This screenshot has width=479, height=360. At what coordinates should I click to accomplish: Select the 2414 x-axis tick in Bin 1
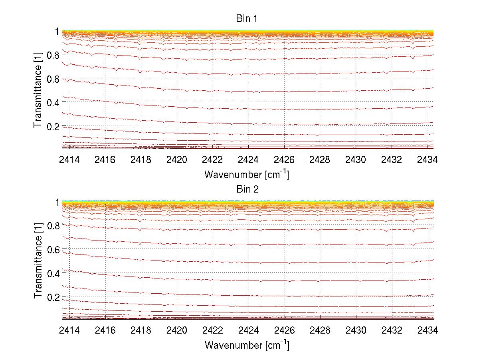(x=69, y=160)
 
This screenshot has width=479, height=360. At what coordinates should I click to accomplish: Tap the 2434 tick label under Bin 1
(x=428, y=160)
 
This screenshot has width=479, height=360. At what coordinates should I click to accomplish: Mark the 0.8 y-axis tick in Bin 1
(x=53, y=55)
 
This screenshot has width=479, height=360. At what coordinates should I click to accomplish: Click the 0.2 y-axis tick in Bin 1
(x=53, y=126)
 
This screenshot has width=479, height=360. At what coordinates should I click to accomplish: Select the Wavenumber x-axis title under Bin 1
(x=247, y=174)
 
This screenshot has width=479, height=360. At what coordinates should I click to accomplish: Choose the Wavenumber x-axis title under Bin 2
(x=247, y=345)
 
